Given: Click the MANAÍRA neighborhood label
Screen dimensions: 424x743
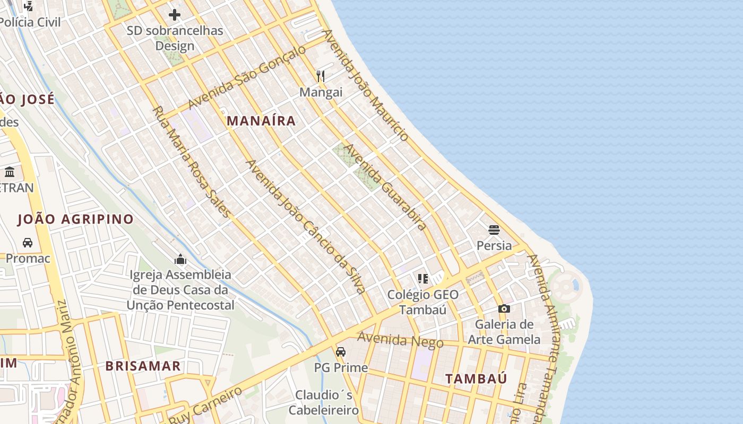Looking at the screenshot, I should click(261, 121).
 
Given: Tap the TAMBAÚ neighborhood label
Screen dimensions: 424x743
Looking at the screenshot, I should click(476, 378).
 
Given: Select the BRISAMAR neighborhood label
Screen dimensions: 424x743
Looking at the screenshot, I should click(143, 366).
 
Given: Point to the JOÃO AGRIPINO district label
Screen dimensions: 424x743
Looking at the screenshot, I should click(75, 219).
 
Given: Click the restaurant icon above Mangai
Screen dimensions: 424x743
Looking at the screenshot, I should click(321, 76).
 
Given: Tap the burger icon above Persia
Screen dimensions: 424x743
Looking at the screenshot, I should click(494, 230).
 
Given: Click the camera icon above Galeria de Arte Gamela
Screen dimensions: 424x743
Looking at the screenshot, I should click(504, 308).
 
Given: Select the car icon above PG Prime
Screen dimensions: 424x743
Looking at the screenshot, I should click(341, 351).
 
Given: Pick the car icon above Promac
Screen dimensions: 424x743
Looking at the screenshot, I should click(28, 243).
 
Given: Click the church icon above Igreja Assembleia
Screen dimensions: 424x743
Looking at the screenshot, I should click(180, 259).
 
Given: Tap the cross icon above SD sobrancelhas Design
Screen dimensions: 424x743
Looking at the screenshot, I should click(175, 15).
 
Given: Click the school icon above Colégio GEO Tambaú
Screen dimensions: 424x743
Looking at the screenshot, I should click(423, 278).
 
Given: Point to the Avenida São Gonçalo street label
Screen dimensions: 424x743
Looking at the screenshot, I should click(247, 77).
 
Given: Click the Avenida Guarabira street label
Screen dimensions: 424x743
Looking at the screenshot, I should click(385, 187).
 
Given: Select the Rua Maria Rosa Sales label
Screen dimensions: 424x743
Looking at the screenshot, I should click(192, 162).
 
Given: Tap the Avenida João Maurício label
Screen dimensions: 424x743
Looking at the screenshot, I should click(366, 85).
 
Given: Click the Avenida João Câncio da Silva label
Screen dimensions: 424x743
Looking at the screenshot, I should click(306, 226).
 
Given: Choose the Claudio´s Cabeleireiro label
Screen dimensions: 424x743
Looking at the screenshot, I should click(324, 402).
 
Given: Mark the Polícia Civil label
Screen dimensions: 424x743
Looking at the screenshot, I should click(30, 22).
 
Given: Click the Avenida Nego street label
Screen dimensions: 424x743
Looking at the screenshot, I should click(400, 340).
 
